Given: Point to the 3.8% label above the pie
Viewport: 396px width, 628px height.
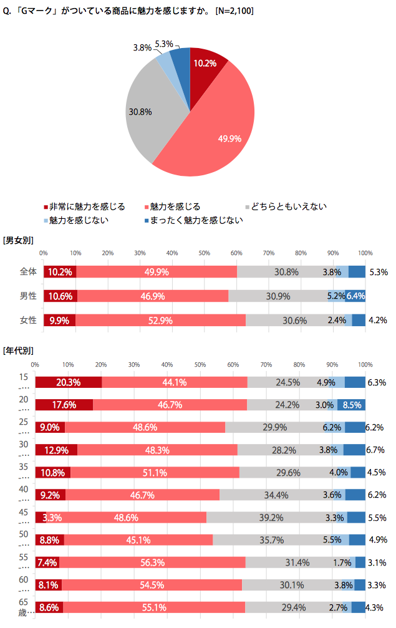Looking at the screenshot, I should click(142, 47).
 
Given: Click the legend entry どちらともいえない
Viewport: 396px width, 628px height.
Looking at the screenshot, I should click(286, 206).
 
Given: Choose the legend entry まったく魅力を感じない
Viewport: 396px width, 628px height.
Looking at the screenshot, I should click(193, 220).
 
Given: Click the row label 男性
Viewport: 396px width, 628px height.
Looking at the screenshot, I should click(29, 296).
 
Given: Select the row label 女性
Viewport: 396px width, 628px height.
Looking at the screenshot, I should click(29, 320).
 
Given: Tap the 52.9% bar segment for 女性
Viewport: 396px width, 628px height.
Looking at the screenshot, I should click(160, 320).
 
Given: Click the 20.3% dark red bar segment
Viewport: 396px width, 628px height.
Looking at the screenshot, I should click(69, 382).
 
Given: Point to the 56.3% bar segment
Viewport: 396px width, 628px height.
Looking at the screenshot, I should click(152, 562).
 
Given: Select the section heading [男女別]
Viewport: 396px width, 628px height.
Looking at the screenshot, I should click(18, 240).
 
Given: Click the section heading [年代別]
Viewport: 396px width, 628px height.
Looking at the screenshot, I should click(18, 351).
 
